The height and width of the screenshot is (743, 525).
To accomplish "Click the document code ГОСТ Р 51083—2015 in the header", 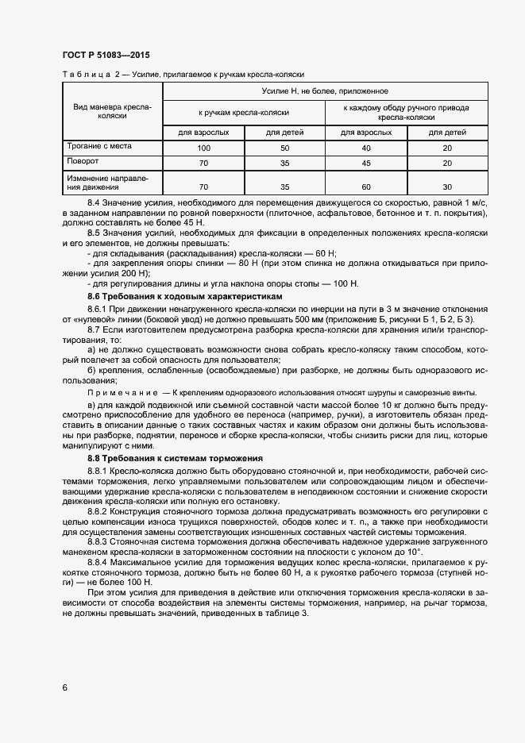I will click(x=106, y=55).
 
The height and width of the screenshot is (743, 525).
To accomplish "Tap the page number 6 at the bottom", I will click(x=64, y=687).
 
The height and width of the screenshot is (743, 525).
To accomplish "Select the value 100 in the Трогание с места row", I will click(x=203, y=148).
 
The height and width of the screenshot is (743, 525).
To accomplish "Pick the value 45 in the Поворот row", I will click(x=366, y=163).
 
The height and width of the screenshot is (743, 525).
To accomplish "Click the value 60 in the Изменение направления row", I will click(x=366, y=187).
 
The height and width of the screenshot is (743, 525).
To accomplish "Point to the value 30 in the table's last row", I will click(x=446, y=187).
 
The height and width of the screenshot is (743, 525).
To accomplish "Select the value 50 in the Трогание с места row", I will click(x=284, y=148).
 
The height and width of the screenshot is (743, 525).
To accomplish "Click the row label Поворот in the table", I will click(x=82, y=162).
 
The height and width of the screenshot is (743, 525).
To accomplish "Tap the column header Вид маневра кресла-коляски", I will click(x=112, y=111).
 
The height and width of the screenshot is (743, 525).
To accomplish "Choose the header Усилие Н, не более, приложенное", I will click(x=325, y=92).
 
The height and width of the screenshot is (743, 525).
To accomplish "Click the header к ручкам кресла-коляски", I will click(x=244, y=112).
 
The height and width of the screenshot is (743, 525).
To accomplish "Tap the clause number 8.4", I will click(x=95, y=204).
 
